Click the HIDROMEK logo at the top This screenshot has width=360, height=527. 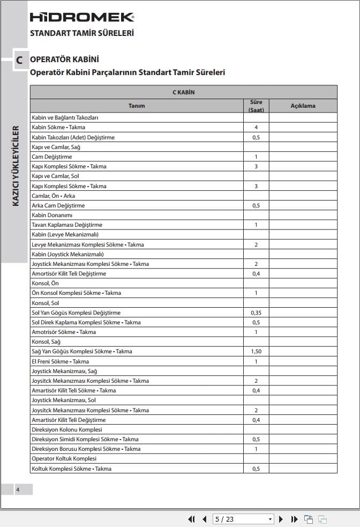pos(82,17)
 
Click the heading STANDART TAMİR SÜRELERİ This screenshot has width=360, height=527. pos(82,33)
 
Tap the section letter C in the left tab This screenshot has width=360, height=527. pos(19,61)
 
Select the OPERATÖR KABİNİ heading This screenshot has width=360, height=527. pos(64,60)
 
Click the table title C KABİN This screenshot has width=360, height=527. pos(183,92)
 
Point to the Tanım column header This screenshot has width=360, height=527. pos(137,106)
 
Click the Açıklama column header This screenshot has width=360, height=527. pos(303,106)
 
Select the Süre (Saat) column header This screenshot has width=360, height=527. pos(256,106)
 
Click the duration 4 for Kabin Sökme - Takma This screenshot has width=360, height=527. pos(256,128)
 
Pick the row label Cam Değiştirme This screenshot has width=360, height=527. pos(51,157)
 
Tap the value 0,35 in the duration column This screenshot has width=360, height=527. pos(256,313)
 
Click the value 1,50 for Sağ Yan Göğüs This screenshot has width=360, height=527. pos(256,352)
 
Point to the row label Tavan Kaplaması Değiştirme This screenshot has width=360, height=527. pos(67,225)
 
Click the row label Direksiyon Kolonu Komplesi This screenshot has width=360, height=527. pos(66,429)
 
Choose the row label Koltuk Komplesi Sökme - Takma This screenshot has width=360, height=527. pos(71,469)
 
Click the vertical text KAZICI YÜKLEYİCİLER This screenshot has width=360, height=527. pos(16,167)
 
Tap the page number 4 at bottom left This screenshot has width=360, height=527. pos(17,489)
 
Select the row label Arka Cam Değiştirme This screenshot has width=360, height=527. pos(58,205)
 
